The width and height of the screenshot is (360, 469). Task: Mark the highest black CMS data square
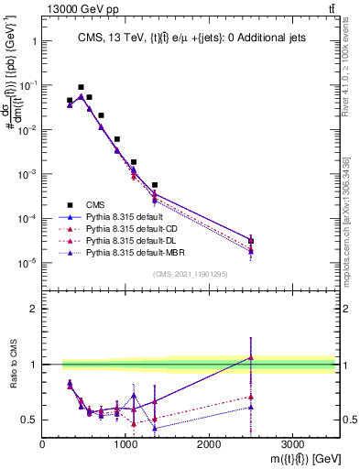(x=81, y=87)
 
